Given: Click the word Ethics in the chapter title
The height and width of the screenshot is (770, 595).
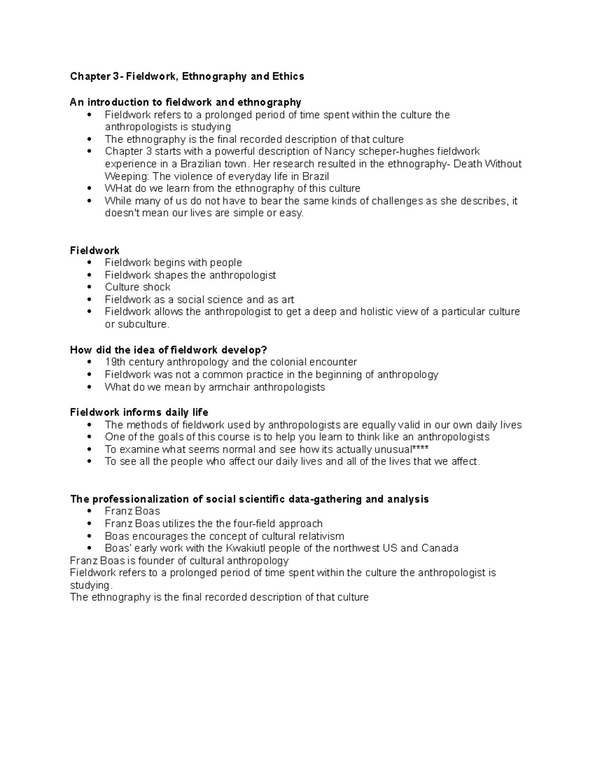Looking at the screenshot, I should click(288, 76).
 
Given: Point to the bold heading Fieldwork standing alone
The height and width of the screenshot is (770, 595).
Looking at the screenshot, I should click(95, 251).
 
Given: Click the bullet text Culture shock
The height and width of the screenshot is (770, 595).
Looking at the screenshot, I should click(137, 288).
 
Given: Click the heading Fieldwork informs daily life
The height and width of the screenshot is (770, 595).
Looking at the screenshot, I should click(139, 413).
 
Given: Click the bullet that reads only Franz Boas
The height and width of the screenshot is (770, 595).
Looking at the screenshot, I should click(132, 511).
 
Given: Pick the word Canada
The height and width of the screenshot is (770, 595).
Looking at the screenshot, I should click(440, 548).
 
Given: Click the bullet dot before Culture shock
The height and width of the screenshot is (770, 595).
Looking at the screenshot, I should click(89, 288).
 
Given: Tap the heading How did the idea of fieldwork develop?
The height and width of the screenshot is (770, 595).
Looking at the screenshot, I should click(169, 350).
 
